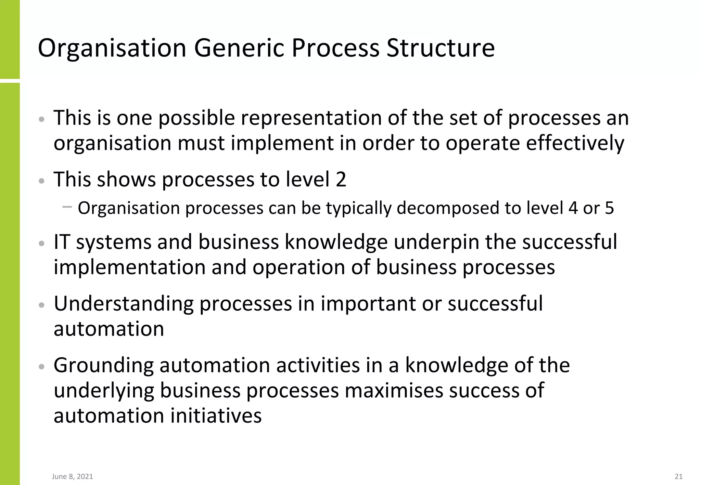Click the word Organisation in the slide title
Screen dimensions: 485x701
pos(112,48)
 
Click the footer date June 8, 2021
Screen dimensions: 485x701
pos(73,476)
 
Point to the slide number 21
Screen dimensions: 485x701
pos(678,476)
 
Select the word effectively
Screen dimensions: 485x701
pos(575,143)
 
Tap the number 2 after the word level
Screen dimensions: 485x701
pos(341,179)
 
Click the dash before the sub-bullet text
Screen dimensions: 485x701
pos(67,207)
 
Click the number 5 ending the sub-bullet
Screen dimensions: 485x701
pos(609,208)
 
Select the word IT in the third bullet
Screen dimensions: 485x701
pos(62,242)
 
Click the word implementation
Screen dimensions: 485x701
pos(130,267)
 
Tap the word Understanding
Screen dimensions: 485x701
pos(124,304)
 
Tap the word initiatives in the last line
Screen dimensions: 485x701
pos(216,416)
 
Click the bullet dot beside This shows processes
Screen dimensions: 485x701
pos(42,181)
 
